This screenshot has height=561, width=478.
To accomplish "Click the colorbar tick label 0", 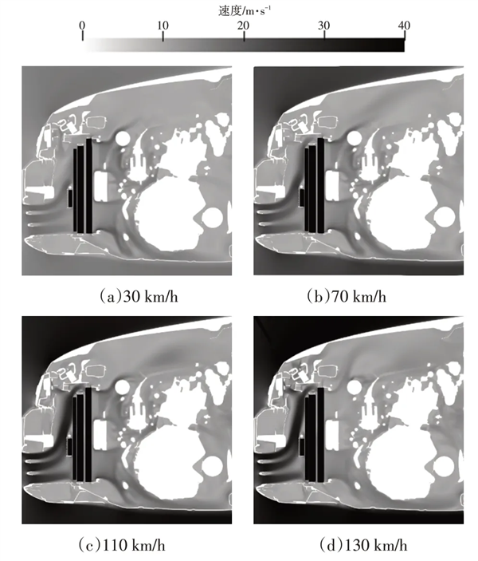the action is [83, 26].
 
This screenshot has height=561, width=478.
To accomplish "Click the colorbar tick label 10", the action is [163, 26].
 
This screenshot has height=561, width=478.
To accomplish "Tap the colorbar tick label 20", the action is [244, 26].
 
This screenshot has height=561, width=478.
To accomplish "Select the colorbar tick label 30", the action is [324, 26].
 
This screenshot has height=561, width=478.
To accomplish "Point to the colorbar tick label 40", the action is [404, 26].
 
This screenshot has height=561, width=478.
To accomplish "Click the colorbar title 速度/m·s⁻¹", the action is [245, 10].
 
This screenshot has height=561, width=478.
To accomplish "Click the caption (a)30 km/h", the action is [139, 297].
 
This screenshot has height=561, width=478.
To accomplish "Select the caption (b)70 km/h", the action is [347, 297].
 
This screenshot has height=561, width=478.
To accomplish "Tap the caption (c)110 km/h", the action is [122, 545].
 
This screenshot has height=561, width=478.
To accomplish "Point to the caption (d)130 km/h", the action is [363, 545].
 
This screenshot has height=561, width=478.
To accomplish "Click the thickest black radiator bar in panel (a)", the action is [88, 186].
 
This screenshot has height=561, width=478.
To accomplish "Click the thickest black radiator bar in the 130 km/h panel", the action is [320, 435].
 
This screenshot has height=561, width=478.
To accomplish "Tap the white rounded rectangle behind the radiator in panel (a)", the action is [100, 186].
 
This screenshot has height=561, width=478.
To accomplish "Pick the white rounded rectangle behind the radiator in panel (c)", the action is [100, 436].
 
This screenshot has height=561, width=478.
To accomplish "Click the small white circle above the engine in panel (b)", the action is [354, 138].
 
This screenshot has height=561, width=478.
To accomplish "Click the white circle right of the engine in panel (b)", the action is [444, 218].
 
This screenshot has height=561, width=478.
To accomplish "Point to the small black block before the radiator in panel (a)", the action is [70, 198].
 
